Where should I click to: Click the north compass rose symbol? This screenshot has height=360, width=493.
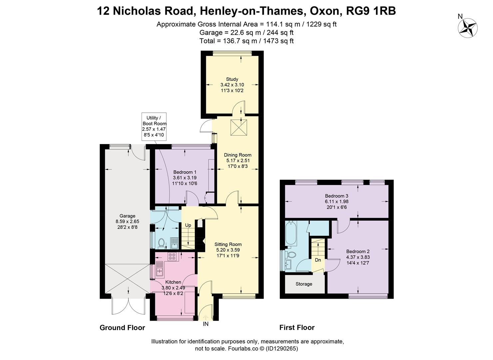[x=468, y=28]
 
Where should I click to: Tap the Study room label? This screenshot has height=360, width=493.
[x=232, y=79]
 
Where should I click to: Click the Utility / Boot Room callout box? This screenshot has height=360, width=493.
[x=154, y=126]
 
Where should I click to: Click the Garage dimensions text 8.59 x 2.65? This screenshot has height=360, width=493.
[x=128, y=221]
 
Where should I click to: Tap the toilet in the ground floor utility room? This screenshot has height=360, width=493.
[x=161, y=243]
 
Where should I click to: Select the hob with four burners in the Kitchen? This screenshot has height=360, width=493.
[x=172, y=256]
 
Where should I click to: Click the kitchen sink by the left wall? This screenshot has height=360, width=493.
[x=160, y=269]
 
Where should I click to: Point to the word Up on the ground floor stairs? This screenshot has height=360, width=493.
[x=188, y=225]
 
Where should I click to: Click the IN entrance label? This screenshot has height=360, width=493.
[x=206, y=324]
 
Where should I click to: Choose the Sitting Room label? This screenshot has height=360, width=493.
[x=228, y=244]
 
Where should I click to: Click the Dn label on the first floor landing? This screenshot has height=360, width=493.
[x=318, y=260]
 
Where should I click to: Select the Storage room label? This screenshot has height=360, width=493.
[x=304, y=284]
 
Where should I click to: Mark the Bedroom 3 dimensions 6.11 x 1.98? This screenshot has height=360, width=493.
[x=336, y=201]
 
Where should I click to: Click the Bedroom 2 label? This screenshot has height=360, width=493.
[x=358, y=252]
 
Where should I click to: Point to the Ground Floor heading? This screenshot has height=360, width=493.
[x=122, y=328]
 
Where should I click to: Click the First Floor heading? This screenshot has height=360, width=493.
[x=297, y=328]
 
